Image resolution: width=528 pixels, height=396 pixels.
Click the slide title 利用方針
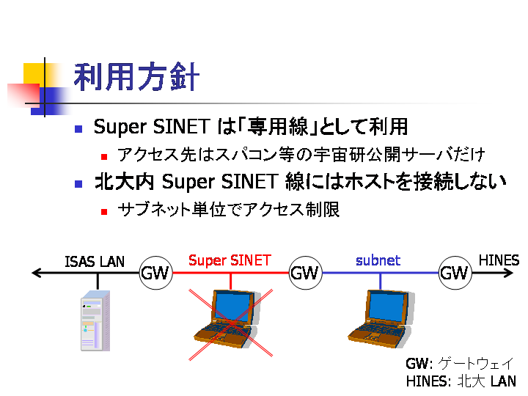[136, 77]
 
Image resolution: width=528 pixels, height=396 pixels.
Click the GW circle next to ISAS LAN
[155, 273]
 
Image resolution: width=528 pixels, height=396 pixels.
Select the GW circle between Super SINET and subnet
[305, 273]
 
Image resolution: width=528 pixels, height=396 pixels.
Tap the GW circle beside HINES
[455, 273]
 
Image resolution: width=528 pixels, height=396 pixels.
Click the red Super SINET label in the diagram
[230, 260]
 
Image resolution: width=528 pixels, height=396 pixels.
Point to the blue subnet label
[378, 260]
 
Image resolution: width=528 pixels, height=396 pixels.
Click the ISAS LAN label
[95, 262]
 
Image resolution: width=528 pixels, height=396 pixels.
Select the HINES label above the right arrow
[499, 260]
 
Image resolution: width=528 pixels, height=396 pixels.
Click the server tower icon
[95, 320]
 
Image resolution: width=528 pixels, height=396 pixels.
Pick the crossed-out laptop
[226, 319]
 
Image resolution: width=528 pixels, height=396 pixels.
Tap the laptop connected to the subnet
[380, 319]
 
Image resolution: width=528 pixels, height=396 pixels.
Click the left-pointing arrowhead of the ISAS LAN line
[37, 273]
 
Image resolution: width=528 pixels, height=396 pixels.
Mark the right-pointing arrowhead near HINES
[508, 273]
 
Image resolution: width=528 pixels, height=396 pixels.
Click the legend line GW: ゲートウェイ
[460, 364]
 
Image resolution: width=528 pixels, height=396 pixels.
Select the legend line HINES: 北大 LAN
[461, 381]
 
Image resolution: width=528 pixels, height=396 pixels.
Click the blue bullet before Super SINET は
[78, 129]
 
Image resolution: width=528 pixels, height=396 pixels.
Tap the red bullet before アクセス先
[104, 157]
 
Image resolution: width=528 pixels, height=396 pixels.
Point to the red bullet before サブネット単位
[104, 212]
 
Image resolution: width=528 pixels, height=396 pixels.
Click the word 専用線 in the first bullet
[277, 127]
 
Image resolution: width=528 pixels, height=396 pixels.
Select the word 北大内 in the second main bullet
[124, 182]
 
